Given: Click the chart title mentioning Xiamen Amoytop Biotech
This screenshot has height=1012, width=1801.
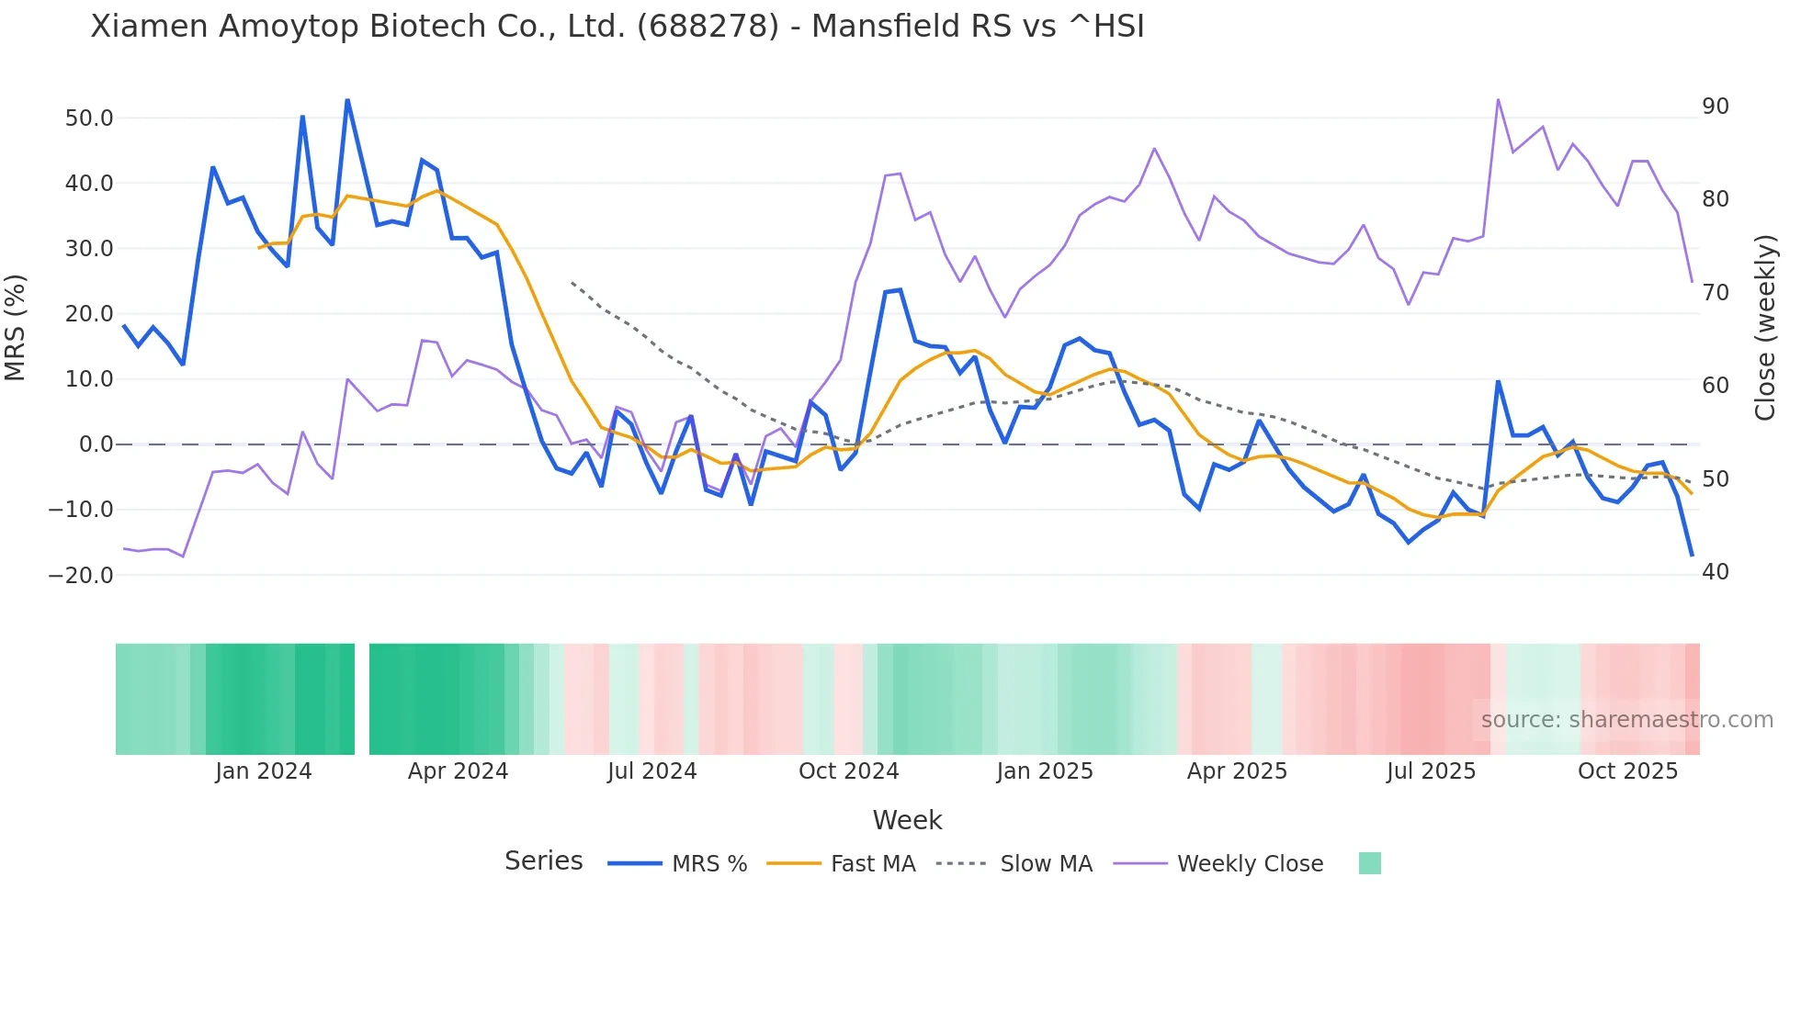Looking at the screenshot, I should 617,27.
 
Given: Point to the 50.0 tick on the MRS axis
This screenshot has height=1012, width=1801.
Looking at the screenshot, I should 89,118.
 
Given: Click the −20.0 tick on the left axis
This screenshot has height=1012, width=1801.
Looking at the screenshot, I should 81,576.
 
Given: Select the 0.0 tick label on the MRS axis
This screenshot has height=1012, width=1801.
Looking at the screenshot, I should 96,444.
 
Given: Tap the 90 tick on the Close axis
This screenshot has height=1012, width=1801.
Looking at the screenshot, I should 1716,107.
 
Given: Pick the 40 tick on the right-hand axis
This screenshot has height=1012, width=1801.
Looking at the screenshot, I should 1716,572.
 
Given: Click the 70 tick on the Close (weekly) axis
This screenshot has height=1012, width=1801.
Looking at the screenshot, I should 1716,293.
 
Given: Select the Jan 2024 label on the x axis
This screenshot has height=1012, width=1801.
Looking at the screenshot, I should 264,771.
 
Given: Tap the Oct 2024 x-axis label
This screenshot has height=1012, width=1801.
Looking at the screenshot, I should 848,771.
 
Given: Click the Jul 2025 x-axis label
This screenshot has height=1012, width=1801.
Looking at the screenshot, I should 1431,771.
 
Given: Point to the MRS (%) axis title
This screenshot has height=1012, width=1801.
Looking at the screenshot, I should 16,328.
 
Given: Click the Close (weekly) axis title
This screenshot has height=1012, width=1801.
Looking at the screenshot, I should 1765,328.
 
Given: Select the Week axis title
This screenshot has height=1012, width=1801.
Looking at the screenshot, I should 907,820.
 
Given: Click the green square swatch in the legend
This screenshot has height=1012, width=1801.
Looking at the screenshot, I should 1369,863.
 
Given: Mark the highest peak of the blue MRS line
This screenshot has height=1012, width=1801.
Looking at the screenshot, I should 347,100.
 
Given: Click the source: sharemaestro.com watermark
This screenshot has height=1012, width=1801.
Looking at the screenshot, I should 1626,720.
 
